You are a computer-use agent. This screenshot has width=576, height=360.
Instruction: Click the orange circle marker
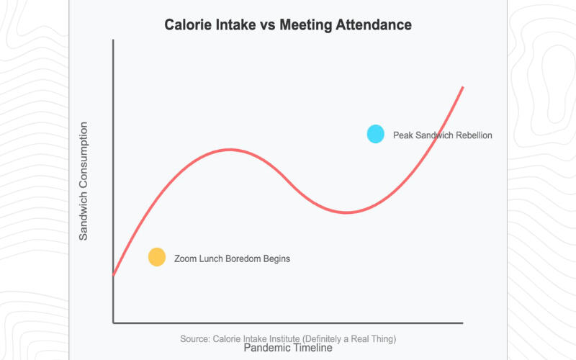[x=157, y=257]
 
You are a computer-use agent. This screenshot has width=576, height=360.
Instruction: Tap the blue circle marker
[x=376, y=134]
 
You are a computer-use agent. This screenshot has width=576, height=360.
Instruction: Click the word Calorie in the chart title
[x=189, y=25]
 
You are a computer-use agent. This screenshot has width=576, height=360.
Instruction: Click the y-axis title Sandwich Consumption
[x=84, y=181]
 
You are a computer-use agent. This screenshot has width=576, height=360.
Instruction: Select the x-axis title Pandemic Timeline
[x=288, y=348]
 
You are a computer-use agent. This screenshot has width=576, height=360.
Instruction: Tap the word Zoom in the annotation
[x=186, y=258]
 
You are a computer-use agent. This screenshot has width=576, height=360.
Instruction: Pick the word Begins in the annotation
[x=276, y=258]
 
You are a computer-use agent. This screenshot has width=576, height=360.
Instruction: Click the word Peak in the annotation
[x=403, y=135]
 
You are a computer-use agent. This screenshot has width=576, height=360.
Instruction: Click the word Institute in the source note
[x=291, y=338]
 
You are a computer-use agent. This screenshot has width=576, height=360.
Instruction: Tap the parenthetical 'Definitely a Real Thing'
[x=354, y=338]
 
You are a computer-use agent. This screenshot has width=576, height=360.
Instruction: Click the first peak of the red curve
[x=230, y=150]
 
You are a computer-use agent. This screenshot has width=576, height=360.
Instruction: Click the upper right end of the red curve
[x=462, y=87]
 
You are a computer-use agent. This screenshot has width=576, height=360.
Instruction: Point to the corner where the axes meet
[x=113, y=323]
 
